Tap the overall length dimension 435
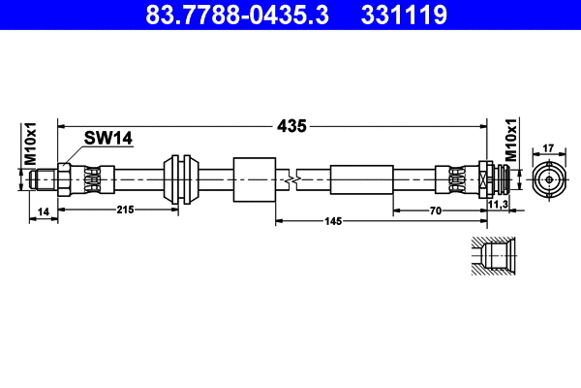pos(292,125)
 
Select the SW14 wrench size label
pos(107,139)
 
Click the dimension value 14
pos(43,210)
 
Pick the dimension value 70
pos(437,210)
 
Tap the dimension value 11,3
pos(501,206)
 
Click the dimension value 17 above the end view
pos(547,147)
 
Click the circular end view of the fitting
pos(548,179)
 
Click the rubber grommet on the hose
pos(181,179)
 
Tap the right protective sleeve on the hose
pos(361,179)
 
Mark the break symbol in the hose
pos(290,179)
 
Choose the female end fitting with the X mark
pos(487,179)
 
